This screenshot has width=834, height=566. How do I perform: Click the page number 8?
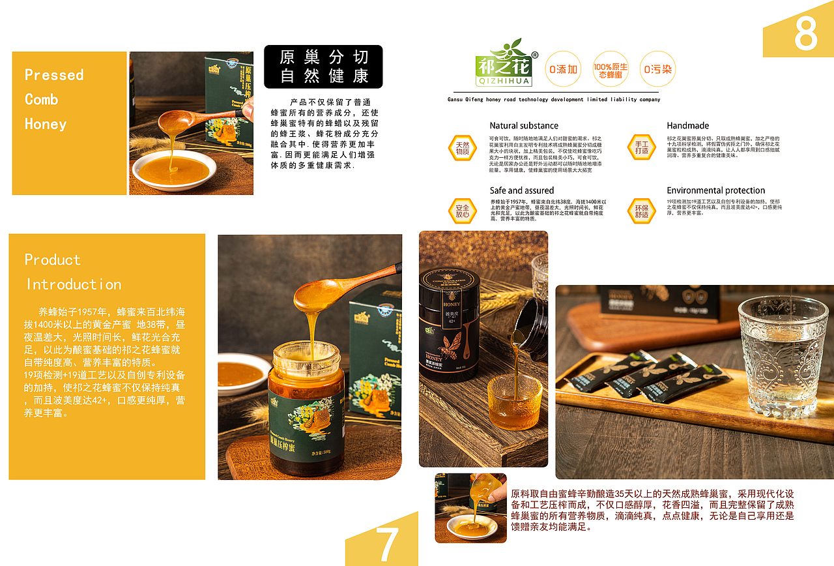(x=805, y=33)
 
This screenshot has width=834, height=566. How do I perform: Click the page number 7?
(x=387, y=543)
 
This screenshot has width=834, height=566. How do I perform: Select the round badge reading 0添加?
(x=563, y=69)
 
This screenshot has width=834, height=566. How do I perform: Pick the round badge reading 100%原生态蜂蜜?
(x=611, y=69)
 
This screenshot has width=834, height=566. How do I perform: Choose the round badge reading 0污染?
(x=657, y=69)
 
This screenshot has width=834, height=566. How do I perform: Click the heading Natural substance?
(x=524, y=126)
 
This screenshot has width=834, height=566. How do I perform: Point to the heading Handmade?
(x=687, y=126)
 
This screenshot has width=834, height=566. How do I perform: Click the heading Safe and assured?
(x=522, y=190)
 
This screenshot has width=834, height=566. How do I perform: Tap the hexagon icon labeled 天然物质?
(x=462, y=148)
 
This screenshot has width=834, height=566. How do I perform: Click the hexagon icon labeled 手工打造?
(x=642, y=148)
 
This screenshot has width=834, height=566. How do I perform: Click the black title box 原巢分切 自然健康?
(x=323, y=67)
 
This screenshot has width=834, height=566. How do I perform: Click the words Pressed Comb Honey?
(x=54, y=99)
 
